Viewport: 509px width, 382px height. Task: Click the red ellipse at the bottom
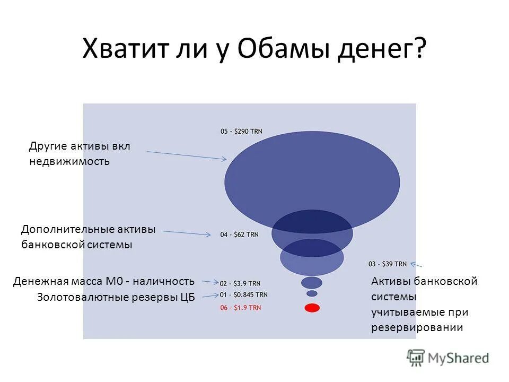pos(312,307)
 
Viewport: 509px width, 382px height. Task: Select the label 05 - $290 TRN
pos(241,131)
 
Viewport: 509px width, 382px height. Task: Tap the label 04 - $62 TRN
pos(240,234)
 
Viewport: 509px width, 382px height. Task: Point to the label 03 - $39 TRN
pos(387,264)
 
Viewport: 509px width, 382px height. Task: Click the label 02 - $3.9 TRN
pos(240,283)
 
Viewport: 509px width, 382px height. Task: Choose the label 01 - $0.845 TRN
pos(244,294)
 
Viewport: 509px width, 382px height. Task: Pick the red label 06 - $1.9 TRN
pos(240,308)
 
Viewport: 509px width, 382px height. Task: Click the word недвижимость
pos(69,161)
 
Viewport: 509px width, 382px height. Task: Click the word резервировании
pos(417,327)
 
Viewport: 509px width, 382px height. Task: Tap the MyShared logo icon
pos(416,358)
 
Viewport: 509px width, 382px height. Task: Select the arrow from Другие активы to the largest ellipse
pos(186,155)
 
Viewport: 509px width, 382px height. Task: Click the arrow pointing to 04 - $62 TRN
pos(187,233)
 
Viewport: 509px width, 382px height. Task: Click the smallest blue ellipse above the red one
pos(312,293)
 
